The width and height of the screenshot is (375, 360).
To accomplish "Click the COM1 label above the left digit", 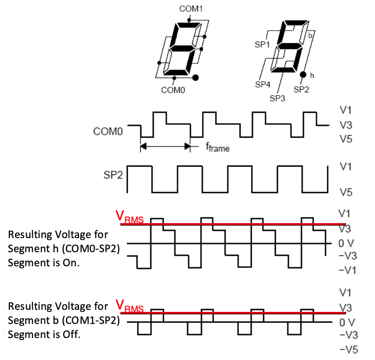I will [191, 8].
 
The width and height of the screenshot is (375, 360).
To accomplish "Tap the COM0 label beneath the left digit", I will [173, 89].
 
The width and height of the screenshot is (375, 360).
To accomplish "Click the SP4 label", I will [263, 85].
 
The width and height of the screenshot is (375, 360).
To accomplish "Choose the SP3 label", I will [278, 98].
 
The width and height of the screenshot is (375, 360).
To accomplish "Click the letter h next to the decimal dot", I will [312, 75].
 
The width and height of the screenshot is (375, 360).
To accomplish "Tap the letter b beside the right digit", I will [309, 36].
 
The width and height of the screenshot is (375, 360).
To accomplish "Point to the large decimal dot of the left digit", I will [196, 77].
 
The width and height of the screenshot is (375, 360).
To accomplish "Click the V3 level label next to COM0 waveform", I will [346, 124].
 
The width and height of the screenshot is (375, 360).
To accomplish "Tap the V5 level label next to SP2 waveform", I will [346, 192].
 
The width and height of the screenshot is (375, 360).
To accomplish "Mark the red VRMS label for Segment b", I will [129, 307].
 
